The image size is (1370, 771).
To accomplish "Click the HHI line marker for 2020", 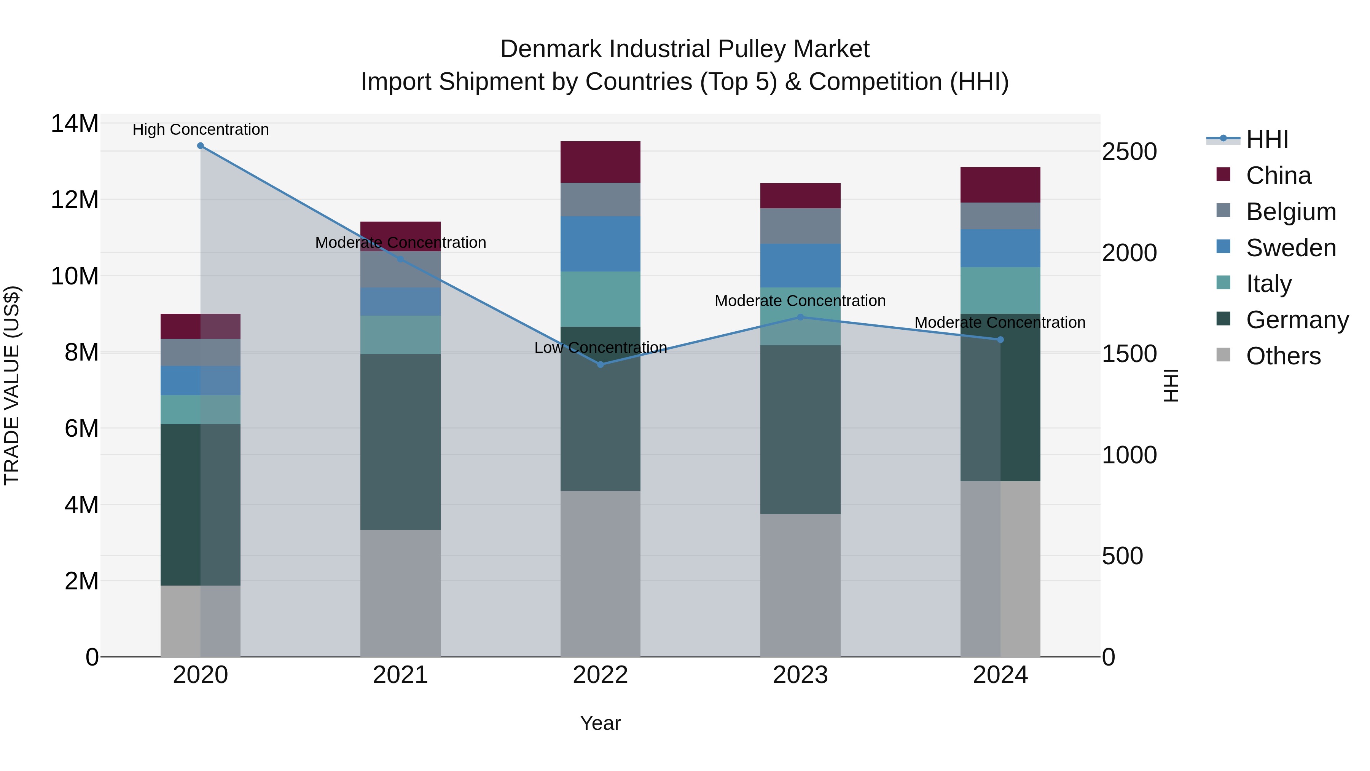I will click(201, 146).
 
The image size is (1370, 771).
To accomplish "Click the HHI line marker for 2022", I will click(601, 364).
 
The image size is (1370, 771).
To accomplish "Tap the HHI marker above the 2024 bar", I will click(1000, 340).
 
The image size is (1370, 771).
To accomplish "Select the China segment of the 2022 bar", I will click(601, 162).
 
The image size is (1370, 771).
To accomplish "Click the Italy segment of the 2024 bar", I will click(1000, 290).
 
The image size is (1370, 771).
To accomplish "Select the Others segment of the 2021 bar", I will click(400, 593).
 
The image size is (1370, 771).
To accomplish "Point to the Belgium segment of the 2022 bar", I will click(601, 200).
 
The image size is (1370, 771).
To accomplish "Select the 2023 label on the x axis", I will click(800, 675).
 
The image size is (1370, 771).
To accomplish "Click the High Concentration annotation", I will click(201, 129).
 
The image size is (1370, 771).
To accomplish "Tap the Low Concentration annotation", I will click(601, 348).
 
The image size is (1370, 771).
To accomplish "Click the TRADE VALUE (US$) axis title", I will click(12, 385).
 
